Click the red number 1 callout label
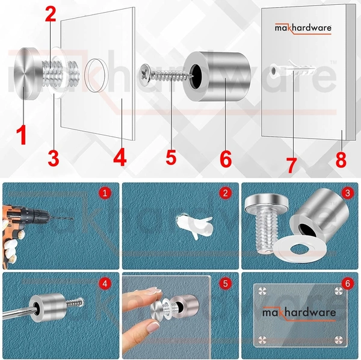(x=21, y=134)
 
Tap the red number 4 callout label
(x=120, y=158)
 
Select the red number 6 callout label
(x=226, y=158)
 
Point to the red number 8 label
(x=342, y=159)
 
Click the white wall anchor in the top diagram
(x=291, y=71)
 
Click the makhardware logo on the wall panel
(x=303, y=28)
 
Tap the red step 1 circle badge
(x=106, y=193)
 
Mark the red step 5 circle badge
(x=225, y=283)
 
